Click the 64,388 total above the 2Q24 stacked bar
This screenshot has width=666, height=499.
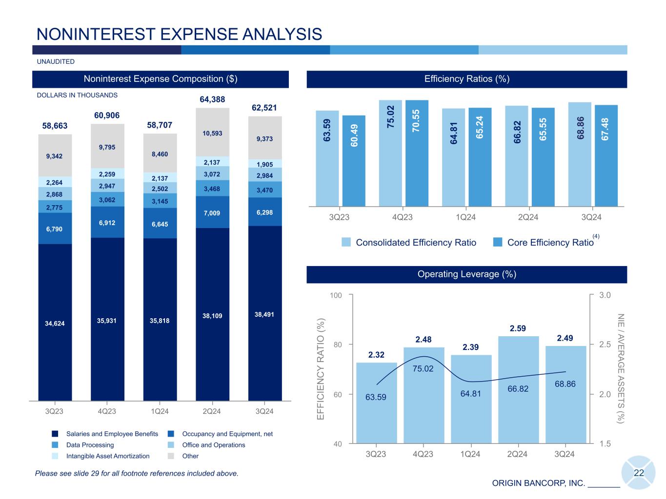pyautogui.click(x=212, y=99)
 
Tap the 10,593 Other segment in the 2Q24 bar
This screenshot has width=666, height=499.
pyautogui.click(x=212, y=133)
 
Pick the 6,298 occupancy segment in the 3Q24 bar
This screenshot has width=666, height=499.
pyautogui.click(x=264, y=212)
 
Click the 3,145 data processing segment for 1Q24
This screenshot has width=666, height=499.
pyautogui.click(x=160, y=200)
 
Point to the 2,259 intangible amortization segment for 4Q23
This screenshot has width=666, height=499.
pyautogui.click(x=107, y=173)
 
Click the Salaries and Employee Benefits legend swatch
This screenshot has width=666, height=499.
pyautogui.click(x=55, y=434)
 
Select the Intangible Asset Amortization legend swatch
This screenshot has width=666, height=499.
pyautogui.click(x=55, y=456)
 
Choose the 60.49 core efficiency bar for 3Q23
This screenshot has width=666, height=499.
pyautogui.click(x=354, y=161)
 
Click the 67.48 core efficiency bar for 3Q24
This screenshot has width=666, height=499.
pyautogui.click(x=606, y=155)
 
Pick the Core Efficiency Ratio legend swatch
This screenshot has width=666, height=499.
pyautogui.click(x=498, y=242)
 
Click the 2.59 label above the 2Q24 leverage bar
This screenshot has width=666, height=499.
pyautogui.click(x=518, y=329)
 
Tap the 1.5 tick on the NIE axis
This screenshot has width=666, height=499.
pyautogui.click(x=605, y=443)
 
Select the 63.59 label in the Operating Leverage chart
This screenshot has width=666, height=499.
pyautogui.click(x=376, y=397)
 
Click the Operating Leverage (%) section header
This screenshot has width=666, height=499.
pyautogui.click(x=466, y=274)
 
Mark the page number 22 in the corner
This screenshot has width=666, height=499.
pyautogui.click(x=639, y=473)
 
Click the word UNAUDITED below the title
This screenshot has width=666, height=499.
pyautogui.click(x=56, y=62)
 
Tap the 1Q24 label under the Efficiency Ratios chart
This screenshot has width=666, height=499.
pyautogui.click(x=465, y=217)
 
